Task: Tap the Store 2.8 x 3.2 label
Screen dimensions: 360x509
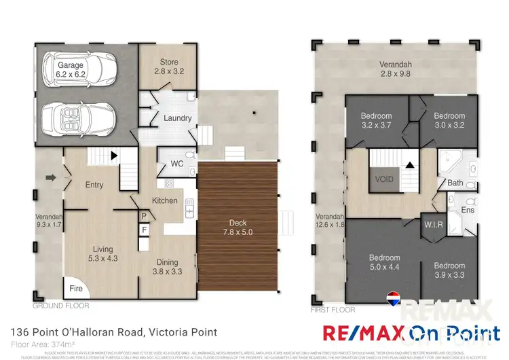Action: click(168, 67)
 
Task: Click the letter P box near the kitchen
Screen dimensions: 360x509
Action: click(144, 216)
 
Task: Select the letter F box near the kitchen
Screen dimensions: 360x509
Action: click(144, 230)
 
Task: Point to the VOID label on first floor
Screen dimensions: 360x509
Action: click(384, 181)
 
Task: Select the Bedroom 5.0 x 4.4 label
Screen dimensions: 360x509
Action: click(384, 262)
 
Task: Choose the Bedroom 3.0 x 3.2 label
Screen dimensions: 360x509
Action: click(449, 121)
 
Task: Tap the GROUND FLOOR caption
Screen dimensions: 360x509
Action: click(61, 306)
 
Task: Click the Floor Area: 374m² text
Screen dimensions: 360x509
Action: click(43, 345)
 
